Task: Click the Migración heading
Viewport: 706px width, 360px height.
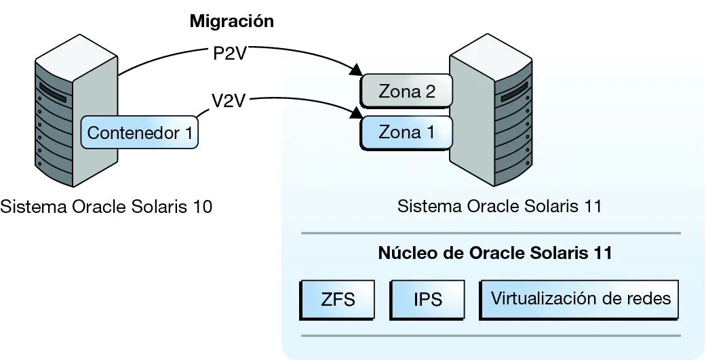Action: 231,21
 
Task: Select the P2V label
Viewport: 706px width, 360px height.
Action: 229,54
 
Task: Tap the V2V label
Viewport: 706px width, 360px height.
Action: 229,102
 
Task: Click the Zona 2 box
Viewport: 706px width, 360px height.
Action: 406,92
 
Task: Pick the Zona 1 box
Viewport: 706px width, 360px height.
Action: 406,132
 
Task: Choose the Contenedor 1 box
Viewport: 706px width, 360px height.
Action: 140,133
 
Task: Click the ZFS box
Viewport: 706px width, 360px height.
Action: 338,298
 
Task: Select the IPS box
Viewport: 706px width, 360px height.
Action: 427,298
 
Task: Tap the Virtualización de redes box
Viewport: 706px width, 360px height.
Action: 581,298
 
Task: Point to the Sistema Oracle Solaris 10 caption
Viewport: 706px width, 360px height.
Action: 106,206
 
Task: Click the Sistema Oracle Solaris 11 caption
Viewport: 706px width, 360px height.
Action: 499,206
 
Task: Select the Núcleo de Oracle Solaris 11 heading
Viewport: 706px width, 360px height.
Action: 495,254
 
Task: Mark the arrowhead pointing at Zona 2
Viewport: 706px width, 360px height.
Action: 354,69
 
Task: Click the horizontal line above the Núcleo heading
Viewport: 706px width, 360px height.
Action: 490,233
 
